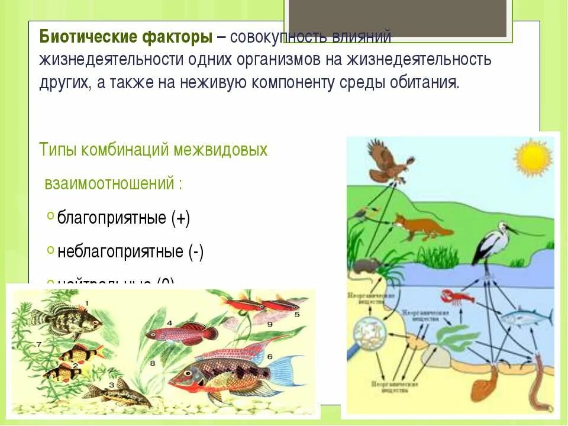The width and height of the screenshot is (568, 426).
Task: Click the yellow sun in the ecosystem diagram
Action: click(x=532, y=157)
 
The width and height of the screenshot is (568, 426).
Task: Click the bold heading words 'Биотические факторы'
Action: click(x=125, y=37)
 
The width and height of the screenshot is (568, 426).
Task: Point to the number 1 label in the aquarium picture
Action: click(x=86, y=304)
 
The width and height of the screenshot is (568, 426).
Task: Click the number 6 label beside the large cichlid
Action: click(x=269, y=357)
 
